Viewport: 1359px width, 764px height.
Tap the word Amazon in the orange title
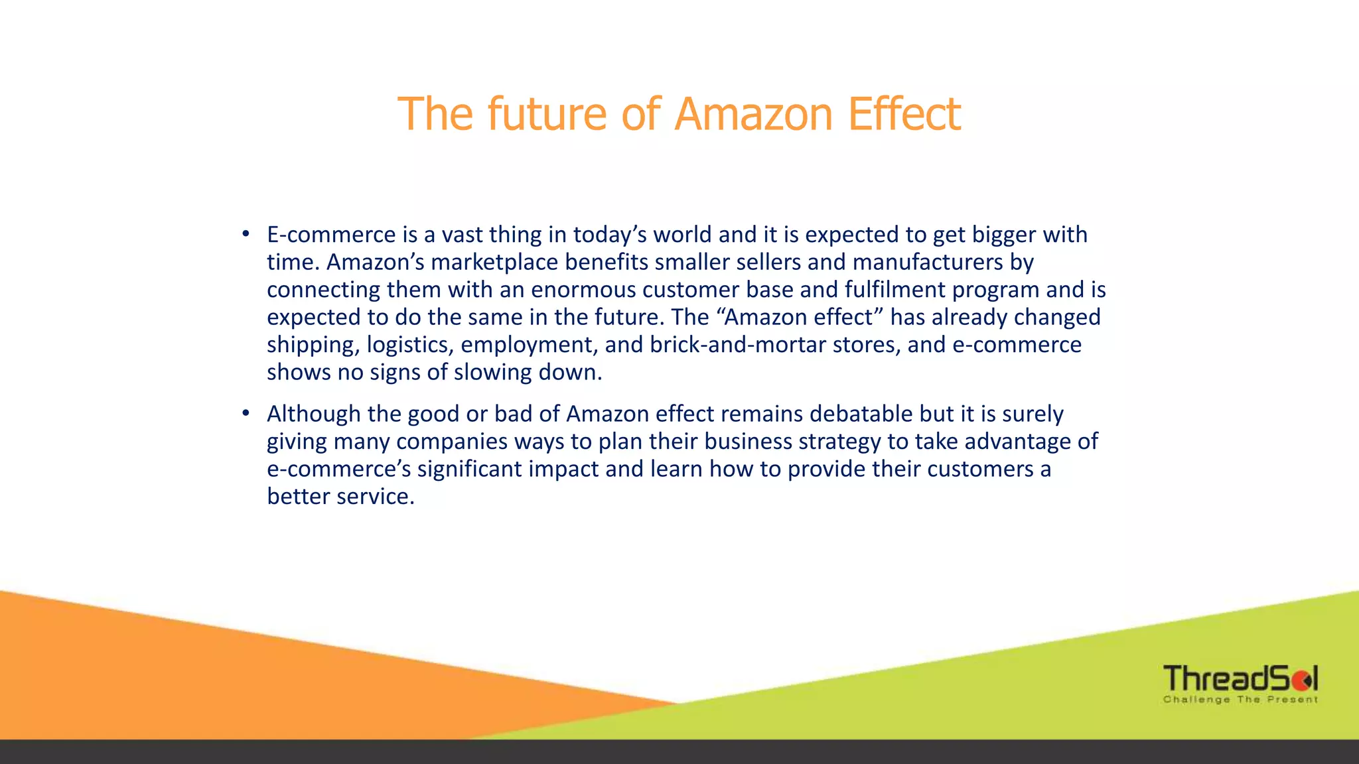click(753, 114)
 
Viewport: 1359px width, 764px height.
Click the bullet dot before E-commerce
click(246, 233)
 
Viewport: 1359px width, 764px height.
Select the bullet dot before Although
click(246, 413)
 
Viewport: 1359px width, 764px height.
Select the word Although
click(314, 414)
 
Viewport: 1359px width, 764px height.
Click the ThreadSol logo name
click(1240, 678)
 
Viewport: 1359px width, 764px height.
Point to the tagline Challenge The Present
click(1240, 700)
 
